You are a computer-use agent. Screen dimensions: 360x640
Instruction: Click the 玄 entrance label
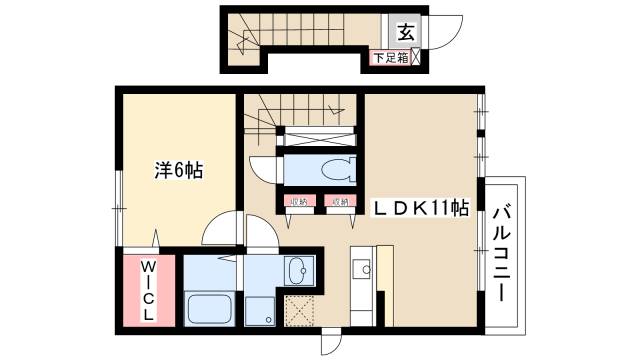tap(407, 29)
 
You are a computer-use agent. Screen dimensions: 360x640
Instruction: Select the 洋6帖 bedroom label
tap(179, 170)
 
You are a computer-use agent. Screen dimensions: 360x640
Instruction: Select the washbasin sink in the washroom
tap(297, 270)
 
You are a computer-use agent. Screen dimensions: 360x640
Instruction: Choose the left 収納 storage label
tap(297, 203)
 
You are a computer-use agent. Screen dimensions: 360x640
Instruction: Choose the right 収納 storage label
tap(340, 203)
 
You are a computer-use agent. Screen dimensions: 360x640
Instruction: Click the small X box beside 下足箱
tap(415, 58)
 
